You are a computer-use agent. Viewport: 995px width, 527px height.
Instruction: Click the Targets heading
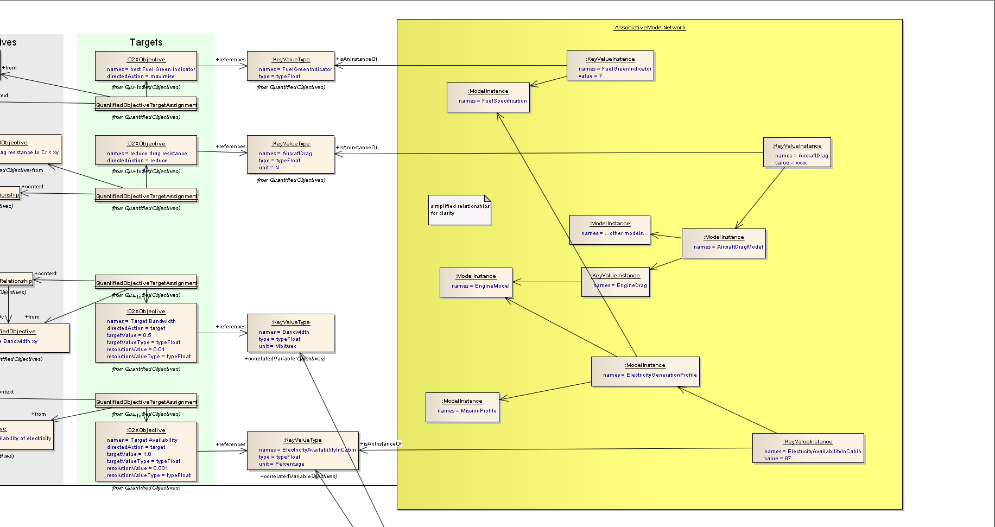145,42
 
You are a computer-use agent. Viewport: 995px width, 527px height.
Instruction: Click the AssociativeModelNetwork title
649,28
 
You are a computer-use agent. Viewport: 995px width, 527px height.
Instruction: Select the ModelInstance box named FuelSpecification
487,97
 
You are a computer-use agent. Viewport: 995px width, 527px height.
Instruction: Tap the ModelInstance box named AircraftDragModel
724,243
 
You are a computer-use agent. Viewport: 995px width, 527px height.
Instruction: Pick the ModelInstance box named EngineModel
476,282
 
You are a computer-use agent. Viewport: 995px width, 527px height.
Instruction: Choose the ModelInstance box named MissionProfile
462,407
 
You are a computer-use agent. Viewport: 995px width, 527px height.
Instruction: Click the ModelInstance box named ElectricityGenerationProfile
645,371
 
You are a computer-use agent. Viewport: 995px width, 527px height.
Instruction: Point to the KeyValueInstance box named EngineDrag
616,282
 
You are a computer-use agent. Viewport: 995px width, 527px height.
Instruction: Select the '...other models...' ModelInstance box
610,230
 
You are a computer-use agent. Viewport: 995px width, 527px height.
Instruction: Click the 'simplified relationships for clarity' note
459,210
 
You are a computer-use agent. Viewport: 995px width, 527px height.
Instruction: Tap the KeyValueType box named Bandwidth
290,333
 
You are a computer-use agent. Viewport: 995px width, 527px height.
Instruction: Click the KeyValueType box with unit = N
290,154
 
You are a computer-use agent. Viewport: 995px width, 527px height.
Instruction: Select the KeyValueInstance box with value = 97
808,448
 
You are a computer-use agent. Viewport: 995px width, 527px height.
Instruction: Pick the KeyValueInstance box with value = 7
610,66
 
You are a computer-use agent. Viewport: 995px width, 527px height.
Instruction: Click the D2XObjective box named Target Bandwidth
146,333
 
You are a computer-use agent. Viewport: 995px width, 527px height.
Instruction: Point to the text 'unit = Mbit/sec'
278,346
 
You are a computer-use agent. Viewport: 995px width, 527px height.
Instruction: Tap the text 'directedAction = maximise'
141,77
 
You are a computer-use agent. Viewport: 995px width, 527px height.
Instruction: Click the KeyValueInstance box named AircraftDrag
797,153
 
